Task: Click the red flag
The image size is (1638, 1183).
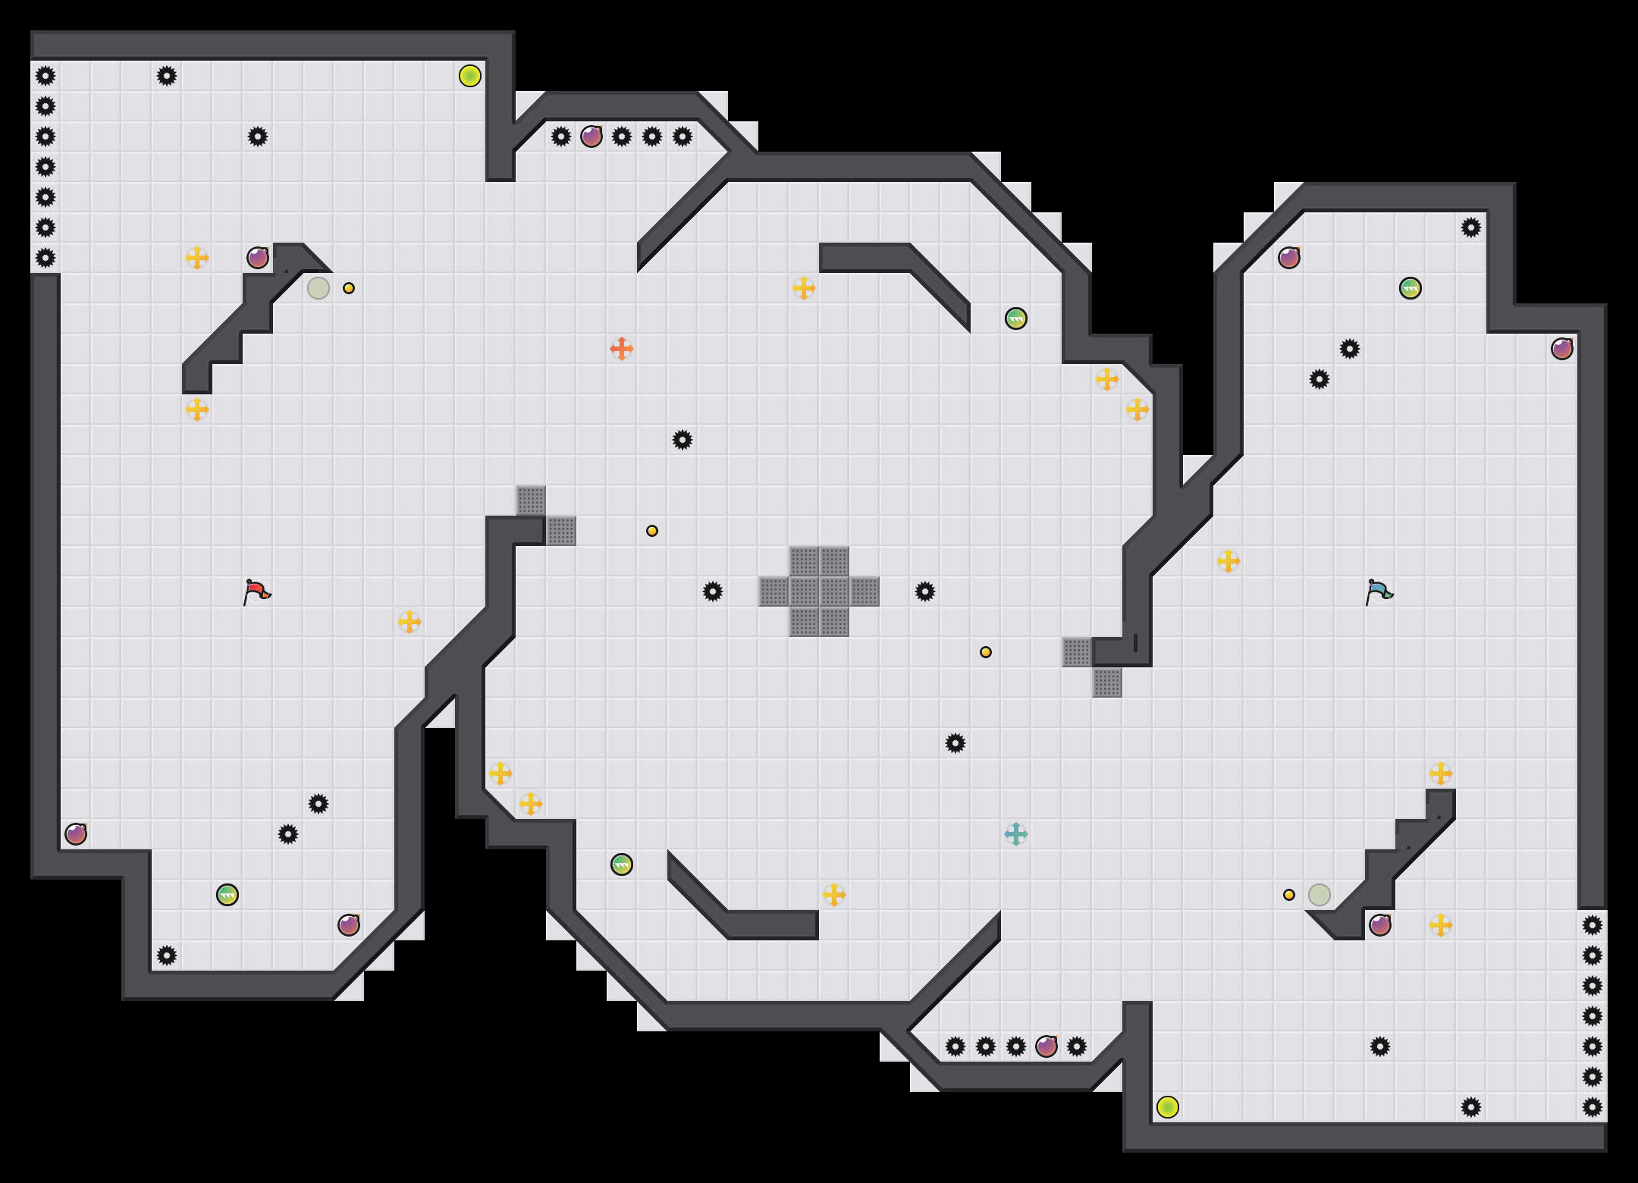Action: (x=256, y=591)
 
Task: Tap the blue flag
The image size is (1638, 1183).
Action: (x=1379, y=591)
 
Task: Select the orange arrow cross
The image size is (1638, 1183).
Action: (x=622, y=349)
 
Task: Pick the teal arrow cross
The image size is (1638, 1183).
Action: (x=1016, y=834)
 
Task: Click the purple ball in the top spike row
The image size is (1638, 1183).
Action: (x=591, y=136)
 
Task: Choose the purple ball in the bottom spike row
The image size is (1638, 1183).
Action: (x=1046, y=1046)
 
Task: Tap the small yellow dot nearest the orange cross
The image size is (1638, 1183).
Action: (x=652, y=531)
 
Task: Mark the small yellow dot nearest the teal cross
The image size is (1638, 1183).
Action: (x=986, y=652)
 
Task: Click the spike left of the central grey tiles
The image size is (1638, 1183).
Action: (x=713, y=591)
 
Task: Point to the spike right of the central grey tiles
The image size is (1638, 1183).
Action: (x=925, y=591)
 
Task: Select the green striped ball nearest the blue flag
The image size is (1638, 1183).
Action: (x=1410, y=288)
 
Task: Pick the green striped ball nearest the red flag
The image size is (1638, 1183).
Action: (x=227, y=895)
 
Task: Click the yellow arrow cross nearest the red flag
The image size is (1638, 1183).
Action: (x=409, y=622)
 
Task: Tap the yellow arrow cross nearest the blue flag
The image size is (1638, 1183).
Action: (x=1228, y=561)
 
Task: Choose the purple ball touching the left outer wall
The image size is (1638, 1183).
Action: (x=76, y=834)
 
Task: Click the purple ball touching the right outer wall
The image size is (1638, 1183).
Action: (x=1562, y=349)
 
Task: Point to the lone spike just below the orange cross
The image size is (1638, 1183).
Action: (x=682, y=440)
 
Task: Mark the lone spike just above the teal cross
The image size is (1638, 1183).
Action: (x=955, y=743)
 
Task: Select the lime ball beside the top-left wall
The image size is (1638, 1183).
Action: (x=470, y=76)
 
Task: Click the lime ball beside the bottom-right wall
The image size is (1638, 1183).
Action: (x=1168, y=1107)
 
